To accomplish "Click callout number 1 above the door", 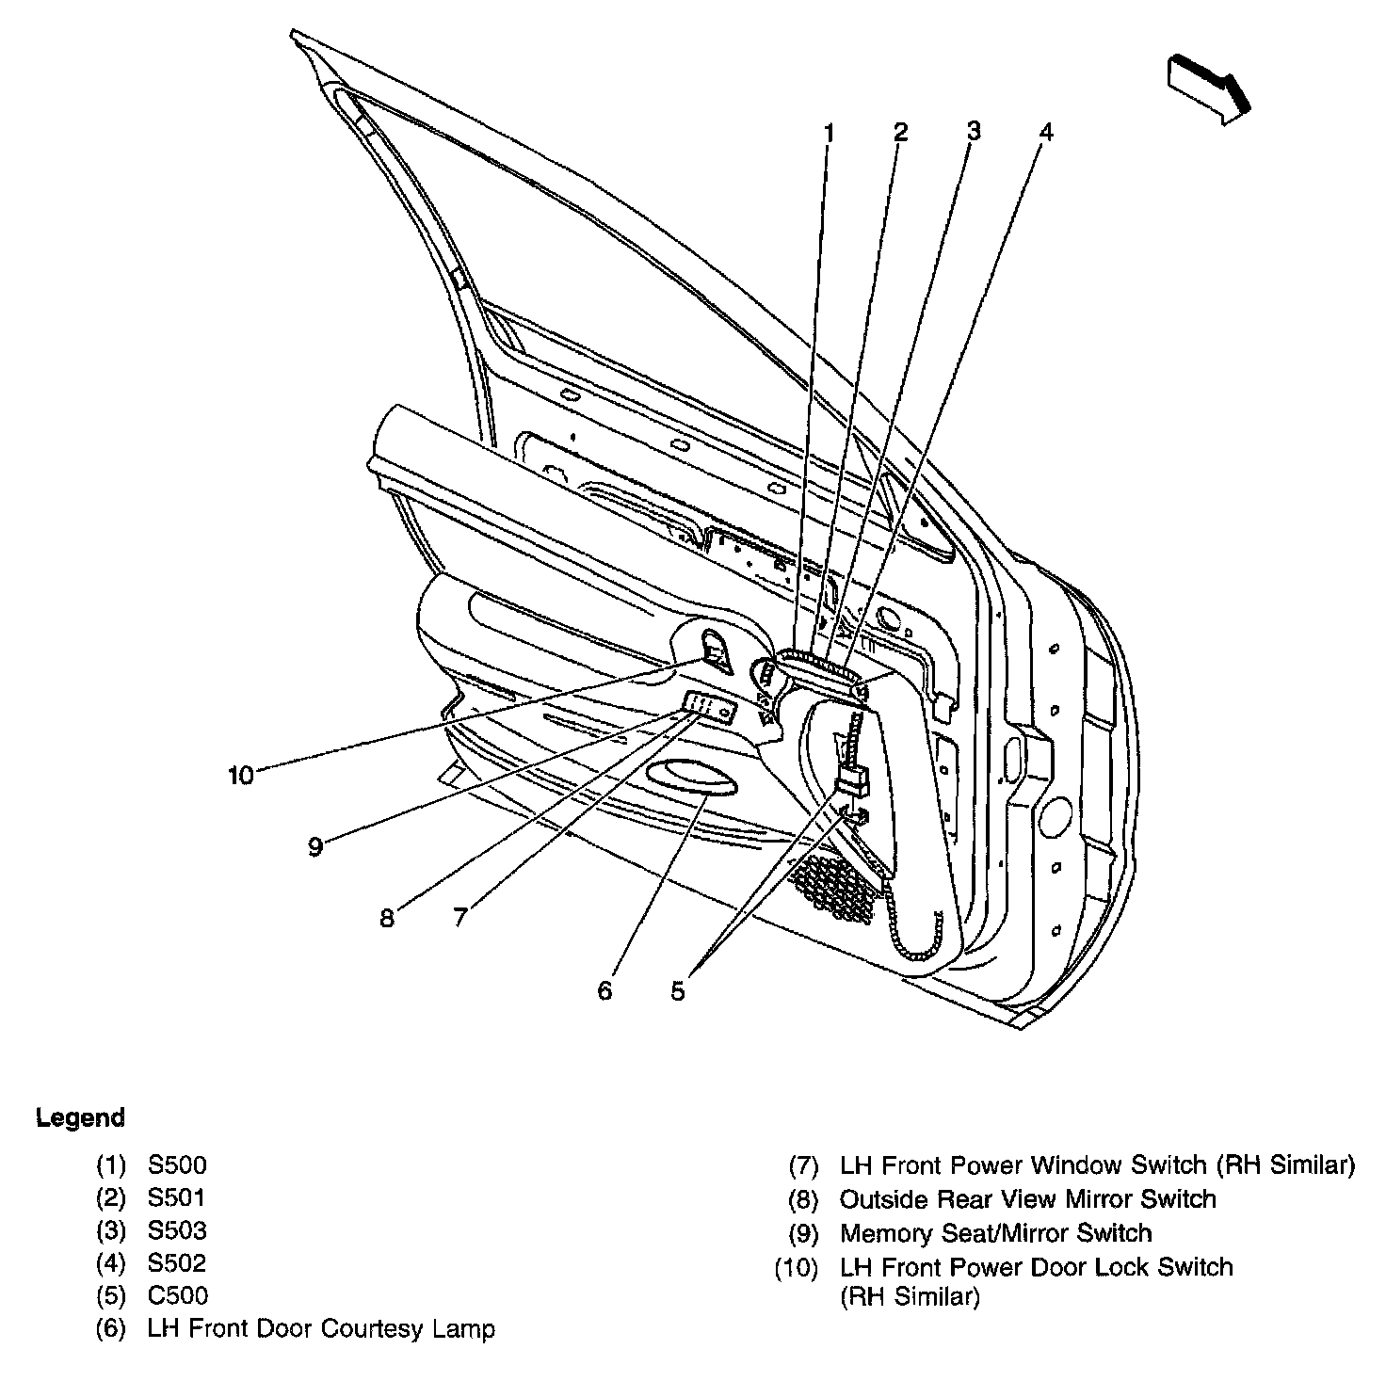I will click(829, 134).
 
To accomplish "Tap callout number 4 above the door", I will click(1045, 132).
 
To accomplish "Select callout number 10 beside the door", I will click(241, 776).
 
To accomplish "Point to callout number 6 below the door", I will click(604, 990).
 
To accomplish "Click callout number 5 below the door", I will click(678, 990).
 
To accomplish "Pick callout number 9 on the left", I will click(315, 846).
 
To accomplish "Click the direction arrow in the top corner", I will click(1209, 88).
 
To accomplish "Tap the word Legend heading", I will click(80, 1118).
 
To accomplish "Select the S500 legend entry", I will click(177, 1165).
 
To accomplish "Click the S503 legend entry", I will click(177, 1230).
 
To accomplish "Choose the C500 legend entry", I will click(177, 1295).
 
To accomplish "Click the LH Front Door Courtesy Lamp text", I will click(321, 1328).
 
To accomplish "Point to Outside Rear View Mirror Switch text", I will click(1027, 1199).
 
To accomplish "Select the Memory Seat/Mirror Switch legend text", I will click(995, 1233).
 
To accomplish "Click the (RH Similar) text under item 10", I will click(910, 1297).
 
